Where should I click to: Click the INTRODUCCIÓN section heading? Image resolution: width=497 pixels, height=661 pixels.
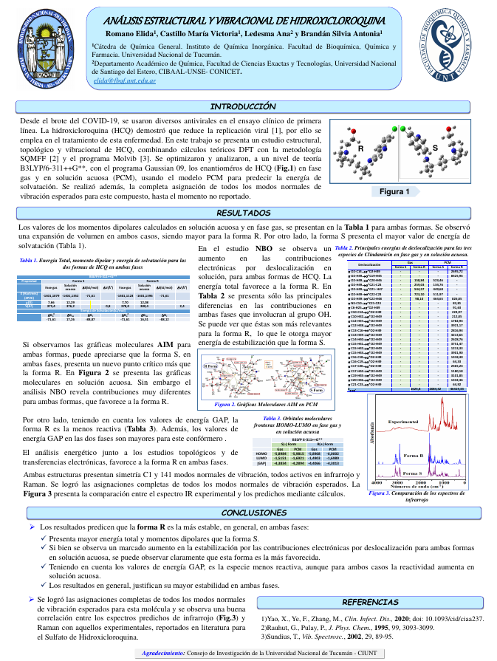pyautogui.click(x=247, y=107)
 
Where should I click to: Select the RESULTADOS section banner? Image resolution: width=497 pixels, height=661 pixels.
pyautogui.click(x=248, y=213)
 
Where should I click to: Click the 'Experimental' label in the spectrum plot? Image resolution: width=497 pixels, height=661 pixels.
pyautogui.click(x=402, y=422)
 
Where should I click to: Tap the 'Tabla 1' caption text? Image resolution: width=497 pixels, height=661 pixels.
pyautogui.click(x=103, y=264)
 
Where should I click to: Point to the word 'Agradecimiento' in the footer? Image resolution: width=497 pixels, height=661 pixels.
pyautogui.click(x=162, y=654)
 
